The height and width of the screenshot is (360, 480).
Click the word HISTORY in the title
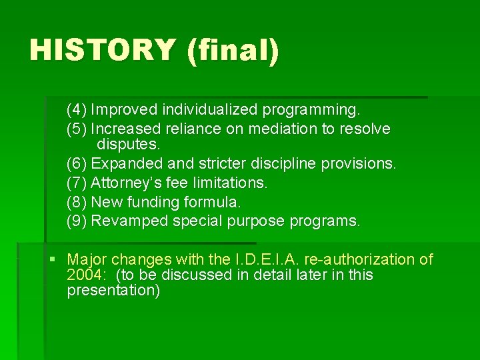click(102, 50)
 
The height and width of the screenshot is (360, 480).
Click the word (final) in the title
click(233, 51)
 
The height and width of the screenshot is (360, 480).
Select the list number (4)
click(77, 108)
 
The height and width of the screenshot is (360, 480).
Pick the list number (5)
click(77, 128)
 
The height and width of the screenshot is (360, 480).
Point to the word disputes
click(129, 144)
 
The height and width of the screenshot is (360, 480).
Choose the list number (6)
click(77, 163)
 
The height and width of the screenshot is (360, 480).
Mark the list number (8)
click(77, 201)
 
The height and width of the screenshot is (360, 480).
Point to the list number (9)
click(77, 221)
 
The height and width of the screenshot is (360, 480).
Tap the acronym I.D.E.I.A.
click(261, 259)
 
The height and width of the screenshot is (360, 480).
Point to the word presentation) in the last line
click(113, 291)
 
